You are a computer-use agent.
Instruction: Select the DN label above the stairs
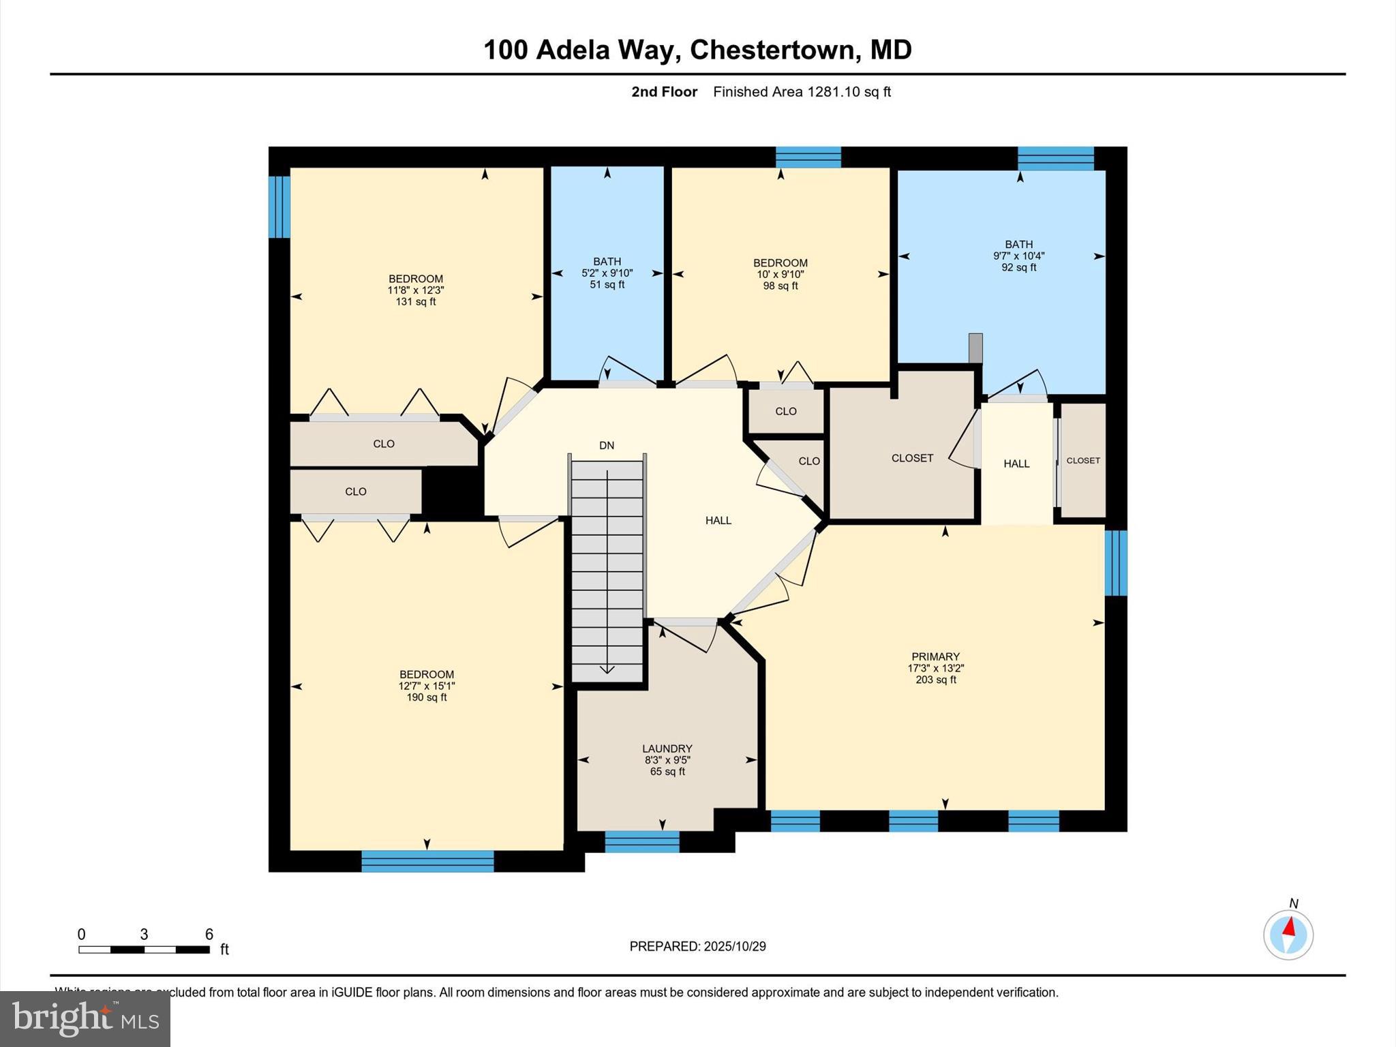tap(607, 446)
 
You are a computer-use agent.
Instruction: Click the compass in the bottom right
tap(1288, 935)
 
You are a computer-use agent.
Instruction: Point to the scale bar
tap(144, 949)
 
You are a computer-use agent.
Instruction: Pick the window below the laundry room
tap(642, 842)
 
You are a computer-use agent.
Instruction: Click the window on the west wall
tap(279, 207)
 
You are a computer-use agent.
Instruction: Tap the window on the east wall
tap(1116, 563)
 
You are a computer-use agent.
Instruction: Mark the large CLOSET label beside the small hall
tap(912, 458)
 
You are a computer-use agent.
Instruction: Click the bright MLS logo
tap(85, 1018)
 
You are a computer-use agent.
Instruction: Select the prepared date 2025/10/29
tap(735, 946)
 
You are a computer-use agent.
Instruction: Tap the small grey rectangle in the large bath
tap(975, 348)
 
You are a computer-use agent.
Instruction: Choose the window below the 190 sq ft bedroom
tap(427, 861)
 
